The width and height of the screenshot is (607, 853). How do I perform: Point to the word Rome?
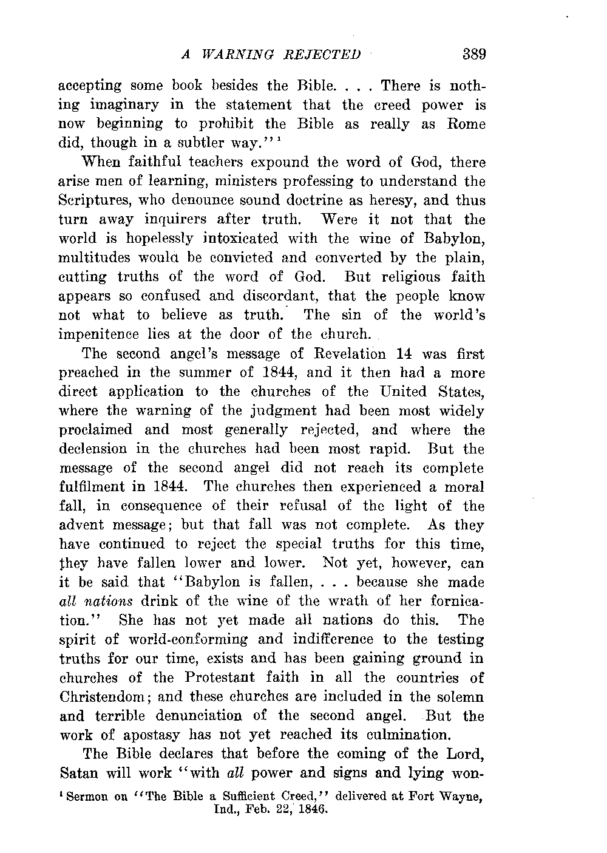pos(466,124)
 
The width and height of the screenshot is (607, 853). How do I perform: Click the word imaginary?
pos(118,105)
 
